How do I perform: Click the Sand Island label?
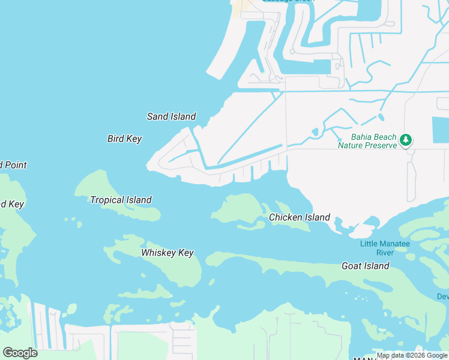[172, 116]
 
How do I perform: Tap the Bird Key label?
[124, 139]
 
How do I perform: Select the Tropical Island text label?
[121, 200]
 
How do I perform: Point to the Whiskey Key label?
[167, 253]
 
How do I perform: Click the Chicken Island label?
[300, 217]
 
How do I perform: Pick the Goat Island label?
[366, 266]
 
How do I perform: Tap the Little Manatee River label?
[384, 248]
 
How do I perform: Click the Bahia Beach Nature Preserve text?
[367, 141]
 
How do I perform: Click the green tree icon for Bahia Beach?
[406, 140]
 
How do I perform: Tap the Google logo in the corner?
[19, 353]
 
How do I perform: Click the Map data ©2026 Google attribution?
[412, 356]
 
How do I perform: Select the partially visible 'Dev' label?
[442, 297]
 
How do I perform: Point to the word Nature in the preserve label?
[353, 145]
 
